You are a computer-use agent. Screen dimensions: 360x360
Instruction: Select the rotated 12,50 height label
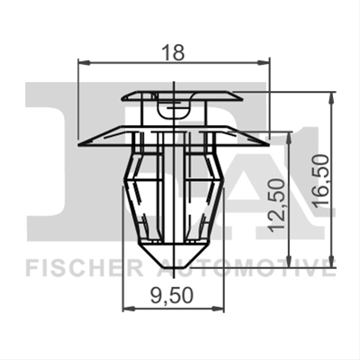pyautogui.click(x=276, y=205)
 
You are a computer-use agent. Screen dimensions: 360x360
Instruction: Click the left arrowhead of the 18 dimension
pyautogui.click(x=84, y=62)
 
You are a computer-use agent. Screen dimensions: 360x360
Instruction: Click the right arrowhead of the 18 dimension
pyautogui.click(x=264, y=62)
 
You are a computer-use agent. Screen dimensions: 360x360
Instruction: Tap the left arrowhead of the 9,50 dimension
pyautogui.click(x=129, y=308)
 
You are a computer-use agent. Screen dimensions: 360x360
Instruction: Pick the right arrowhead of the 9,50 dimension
pyautogui.click(x=218, y=308)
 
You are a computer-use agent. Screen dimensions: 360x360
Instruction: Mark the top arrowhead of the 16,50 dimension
pyautogui.click(x=331, y=98)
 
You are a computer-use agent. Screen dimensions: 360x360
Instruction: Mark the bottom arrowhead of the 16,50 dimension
pyautogui.click(x=331, y=261)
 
